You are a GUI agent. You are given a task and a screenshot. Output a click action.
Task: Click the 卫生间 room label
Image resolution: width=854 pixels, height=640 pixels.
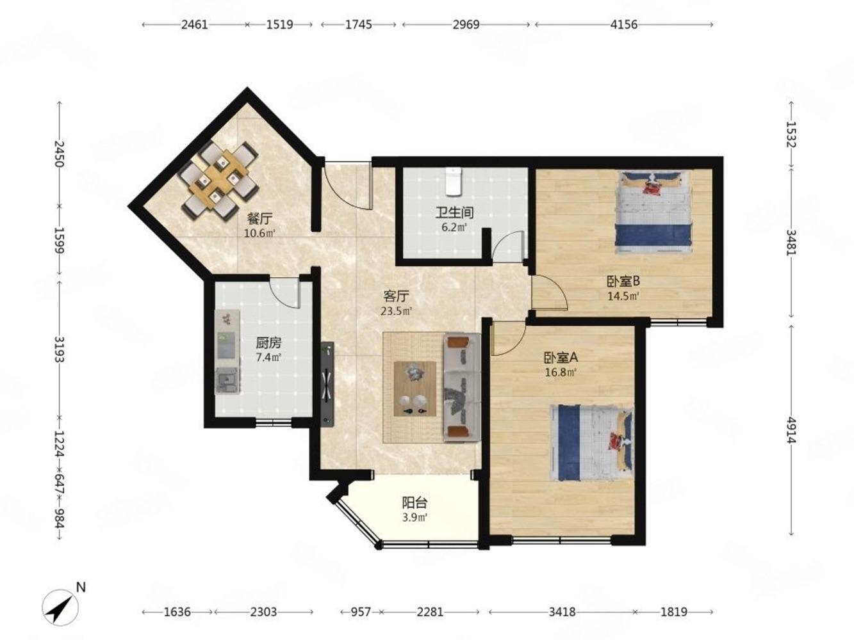click(454, 212)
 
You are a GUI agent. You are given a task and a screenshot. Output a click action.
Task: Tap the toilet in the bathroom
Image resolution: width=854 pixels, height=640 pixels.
click(452, 182)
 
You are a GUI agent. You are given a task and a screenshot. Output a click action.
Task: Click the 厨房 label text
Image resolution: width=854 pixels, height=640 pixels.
click(268, 343)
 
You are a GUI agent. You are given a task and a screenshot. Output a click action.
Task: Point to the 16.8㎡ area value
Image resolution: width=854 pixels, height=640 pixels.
click(560, 372)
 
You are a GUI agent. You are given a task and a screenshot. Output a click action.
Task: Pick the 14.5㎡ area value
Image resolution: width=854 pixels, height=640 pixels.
click(623, 296)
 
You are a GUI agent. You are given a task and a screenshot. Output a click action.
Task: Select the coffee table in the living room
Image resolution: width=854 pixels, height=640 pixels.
click(415, 388)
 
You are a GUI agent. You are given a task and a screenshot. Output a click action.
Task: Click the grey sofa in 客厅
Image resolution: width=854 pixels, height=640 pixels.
click(462, 387)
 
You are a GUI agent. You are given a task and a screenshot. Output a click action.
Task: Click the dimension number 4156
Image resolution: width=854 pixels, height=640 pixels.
click(624, 25)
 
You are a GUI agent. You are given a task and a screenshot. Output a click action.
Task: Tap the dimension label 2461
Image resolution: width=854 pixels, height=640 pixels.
click(195, 25)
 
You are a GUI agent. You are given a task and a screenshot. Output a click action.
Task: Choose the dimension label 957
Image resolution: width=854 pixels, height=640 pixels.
click(361, 612)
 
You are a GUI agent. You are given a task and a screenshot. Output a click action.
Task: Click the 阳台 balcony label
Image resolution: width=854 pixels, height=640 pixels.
click(415, 503)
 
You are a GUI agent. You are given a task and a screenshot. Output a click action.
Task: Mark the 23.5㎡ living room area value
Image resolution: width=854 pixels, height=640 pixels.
click(396, 311)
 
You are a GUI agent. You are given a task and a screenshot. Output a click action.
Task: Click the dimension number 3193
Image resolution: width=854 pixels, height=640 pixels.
click(60, 349)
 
